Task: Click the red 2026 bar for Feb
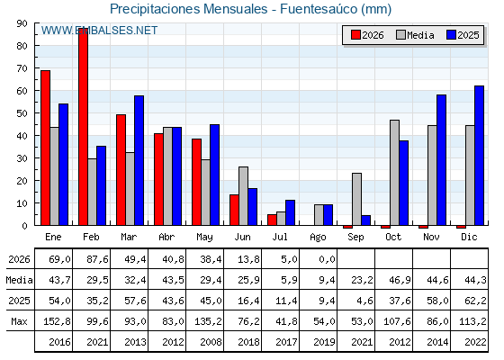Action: (83, 127)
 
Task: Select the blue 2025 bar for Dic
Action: (479, 156)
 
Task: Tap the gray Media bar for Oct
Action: (395, 173)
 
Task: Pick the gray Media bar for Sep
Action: (356, 199)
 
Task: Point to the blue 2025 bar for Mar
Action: (139, 160)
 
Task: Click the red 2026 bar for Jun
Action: (234, 210)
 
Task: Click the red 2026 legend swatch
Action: (355, 35)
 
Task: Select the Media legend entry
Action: (415, 35)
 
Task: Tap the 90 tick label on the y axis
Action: (22, 23)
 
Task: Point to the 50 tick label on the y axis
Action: (22, 113)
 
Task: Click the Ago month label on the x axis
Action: (319, 238)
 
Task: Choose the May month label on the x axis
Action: (205, 238)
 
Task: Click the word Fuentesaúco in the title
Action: (319, 9)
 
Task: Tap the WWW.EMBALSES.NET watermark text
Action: (99, 31)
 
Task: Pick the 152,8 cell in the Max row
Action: (58, 321)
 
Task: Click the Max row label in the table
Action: (19, 321)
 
